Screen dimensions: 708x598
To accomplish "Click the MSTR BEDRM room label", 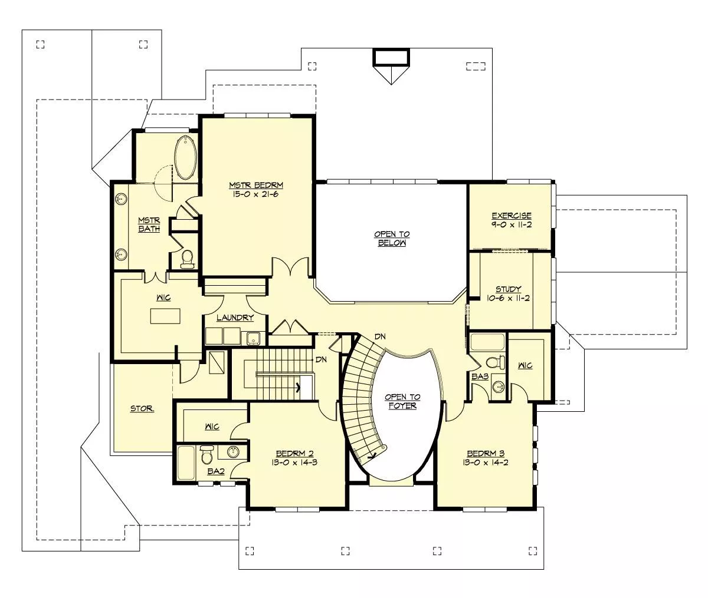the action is tap(256, 186).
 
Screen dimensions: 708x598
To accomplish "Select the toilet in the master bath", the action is tap(187, 259).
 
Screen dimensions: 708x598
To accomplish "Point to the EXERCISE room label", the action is tap(512, 216).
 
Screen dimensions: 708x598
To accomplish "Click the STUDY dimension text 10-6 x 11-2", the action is tap(509, 298).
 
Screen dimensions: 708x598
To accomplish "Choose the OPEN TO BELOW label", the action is tap(392, 239).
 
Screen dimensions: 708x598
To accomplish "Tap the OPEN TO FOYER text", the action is tap(402, 401).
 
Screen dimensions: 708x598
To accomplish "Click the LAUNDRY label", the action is tap(235, 318).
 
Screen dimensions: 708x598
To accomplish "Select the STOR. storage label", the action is tap(142, 408).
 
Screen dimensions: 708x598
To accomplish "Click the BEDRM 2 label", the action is tap(295, 454).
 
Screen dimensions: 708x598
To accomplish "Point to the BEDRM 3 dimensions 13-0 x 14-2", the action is tap(486, 462).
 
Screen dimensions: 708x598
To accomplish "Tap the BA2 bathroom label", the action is tap(216, 471).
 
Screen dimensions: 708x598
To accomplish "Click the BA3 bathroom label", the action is tap(480, 376).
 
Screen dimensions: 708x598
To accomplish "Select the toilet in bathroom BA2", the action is tap(206, 454).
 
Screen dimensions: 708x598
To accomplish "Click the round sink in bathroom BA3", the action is tap(499, 387).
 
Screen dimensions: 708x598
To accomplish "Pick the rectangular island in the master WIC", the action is tap(165, 316).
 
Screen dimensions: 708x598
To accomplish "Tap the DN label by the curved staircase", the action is tap(380, 336).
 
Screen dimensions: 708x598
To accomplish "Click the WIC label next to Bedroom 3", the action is tap(525, 366).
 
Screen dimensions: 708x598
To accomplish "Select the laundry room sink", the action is tap(253, 338).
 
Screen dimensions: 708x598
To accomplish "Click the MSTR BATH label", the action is tap(149, 224).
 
